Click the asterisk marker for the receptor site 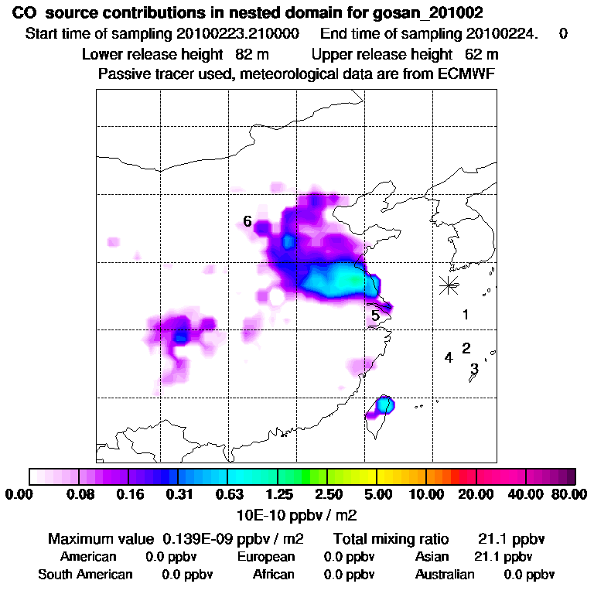click(448, 285)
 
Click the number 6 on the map click(247, 222)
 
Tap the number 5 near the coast click(375, 316)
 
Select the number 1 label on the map click(466, 315)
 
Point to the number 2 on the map click(466, 348)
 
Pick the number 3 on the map click(474, 368)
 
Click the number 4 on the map click(448, 357)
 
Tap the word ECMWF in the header click(469, 74)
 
